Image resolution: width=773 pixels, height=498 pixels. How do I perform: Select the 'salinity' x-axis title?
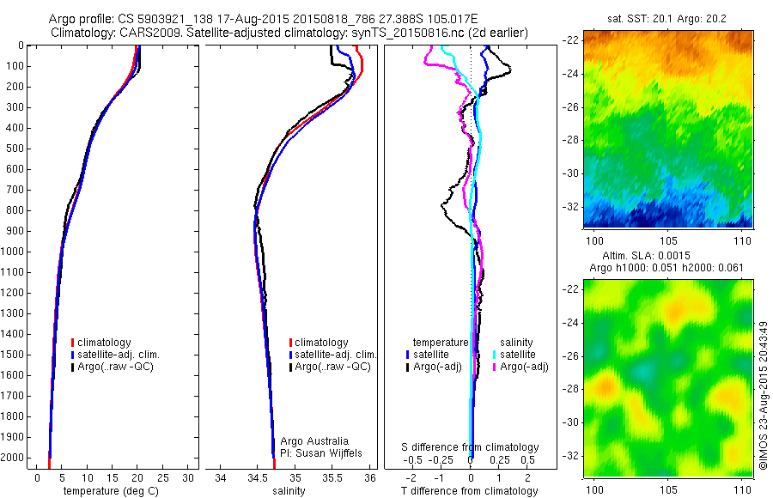pos(288,492)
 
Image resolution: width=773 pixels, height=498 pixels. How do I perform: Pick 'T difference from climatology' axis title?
pos(471,492)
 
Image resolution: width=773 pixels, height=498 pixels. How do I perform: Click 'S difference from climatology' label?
pos(471,447)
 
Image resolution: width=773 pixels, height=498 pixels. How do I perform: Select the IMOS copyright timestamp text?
pos(763,395)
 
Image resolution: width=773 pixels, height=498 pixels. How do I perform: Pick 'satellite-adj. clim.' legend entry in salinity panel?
pos(336,355)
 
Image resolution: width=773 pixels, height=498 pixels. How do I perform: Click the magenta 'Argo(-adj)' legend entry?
pos(523,367)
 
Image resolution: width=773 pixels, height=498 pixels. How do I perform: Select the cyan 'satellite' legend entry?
pos(517,354)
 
